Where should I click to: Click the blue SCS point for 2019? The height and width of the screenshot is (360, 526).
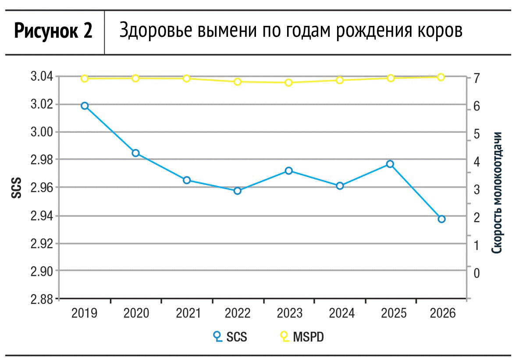pos(85,106)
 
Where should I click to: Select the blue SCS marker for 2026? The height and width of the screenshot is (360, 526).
pos(441,219)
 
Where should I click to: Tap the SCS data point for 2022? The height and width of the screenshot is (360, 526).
pos(238,191)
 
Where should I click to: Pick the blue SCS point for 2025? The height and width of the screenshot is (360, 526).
pos(390,164)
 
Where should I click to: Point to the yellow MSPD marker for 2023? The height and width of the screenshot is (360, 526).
pos(288,82)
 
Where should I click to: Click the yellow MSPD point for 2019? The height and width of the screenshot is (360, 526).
pos(85,78)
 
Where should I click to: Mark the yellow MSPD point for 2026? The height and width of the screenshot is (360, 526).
pos(441,77)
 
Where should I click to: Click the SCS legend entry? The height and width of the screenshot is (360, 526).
pos(230,336)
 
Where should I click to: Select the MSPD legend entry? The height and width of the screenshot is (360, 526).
pos(302,336)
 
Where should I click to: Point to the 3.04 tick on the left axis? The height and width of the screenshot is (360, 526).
pos(42,77)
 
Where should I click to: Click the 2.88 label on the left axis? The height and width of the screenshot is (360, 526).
pos(42,299)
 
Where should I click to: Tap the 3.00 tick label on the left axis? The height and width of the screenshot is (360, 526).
pos(42,132)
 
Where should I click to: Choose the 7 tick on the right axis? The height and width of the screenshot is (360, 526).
pos(476,78)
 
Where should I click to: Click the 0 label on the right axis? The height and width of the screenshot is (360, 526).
pos(476,273)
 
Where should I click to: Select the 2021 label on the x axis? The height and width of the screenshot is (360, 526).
pos(188,313)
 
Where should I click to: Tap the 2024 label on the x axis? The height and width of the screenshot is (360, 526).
pos(341,313)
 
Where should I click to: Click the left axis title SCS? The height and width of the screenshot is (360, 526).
pos(16,188)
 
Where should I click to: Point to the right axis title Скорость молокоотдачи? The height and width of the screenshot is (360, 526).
pos(497,193)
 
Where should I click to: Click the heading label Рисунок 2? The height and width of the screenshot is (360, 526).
pos(53,31)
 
